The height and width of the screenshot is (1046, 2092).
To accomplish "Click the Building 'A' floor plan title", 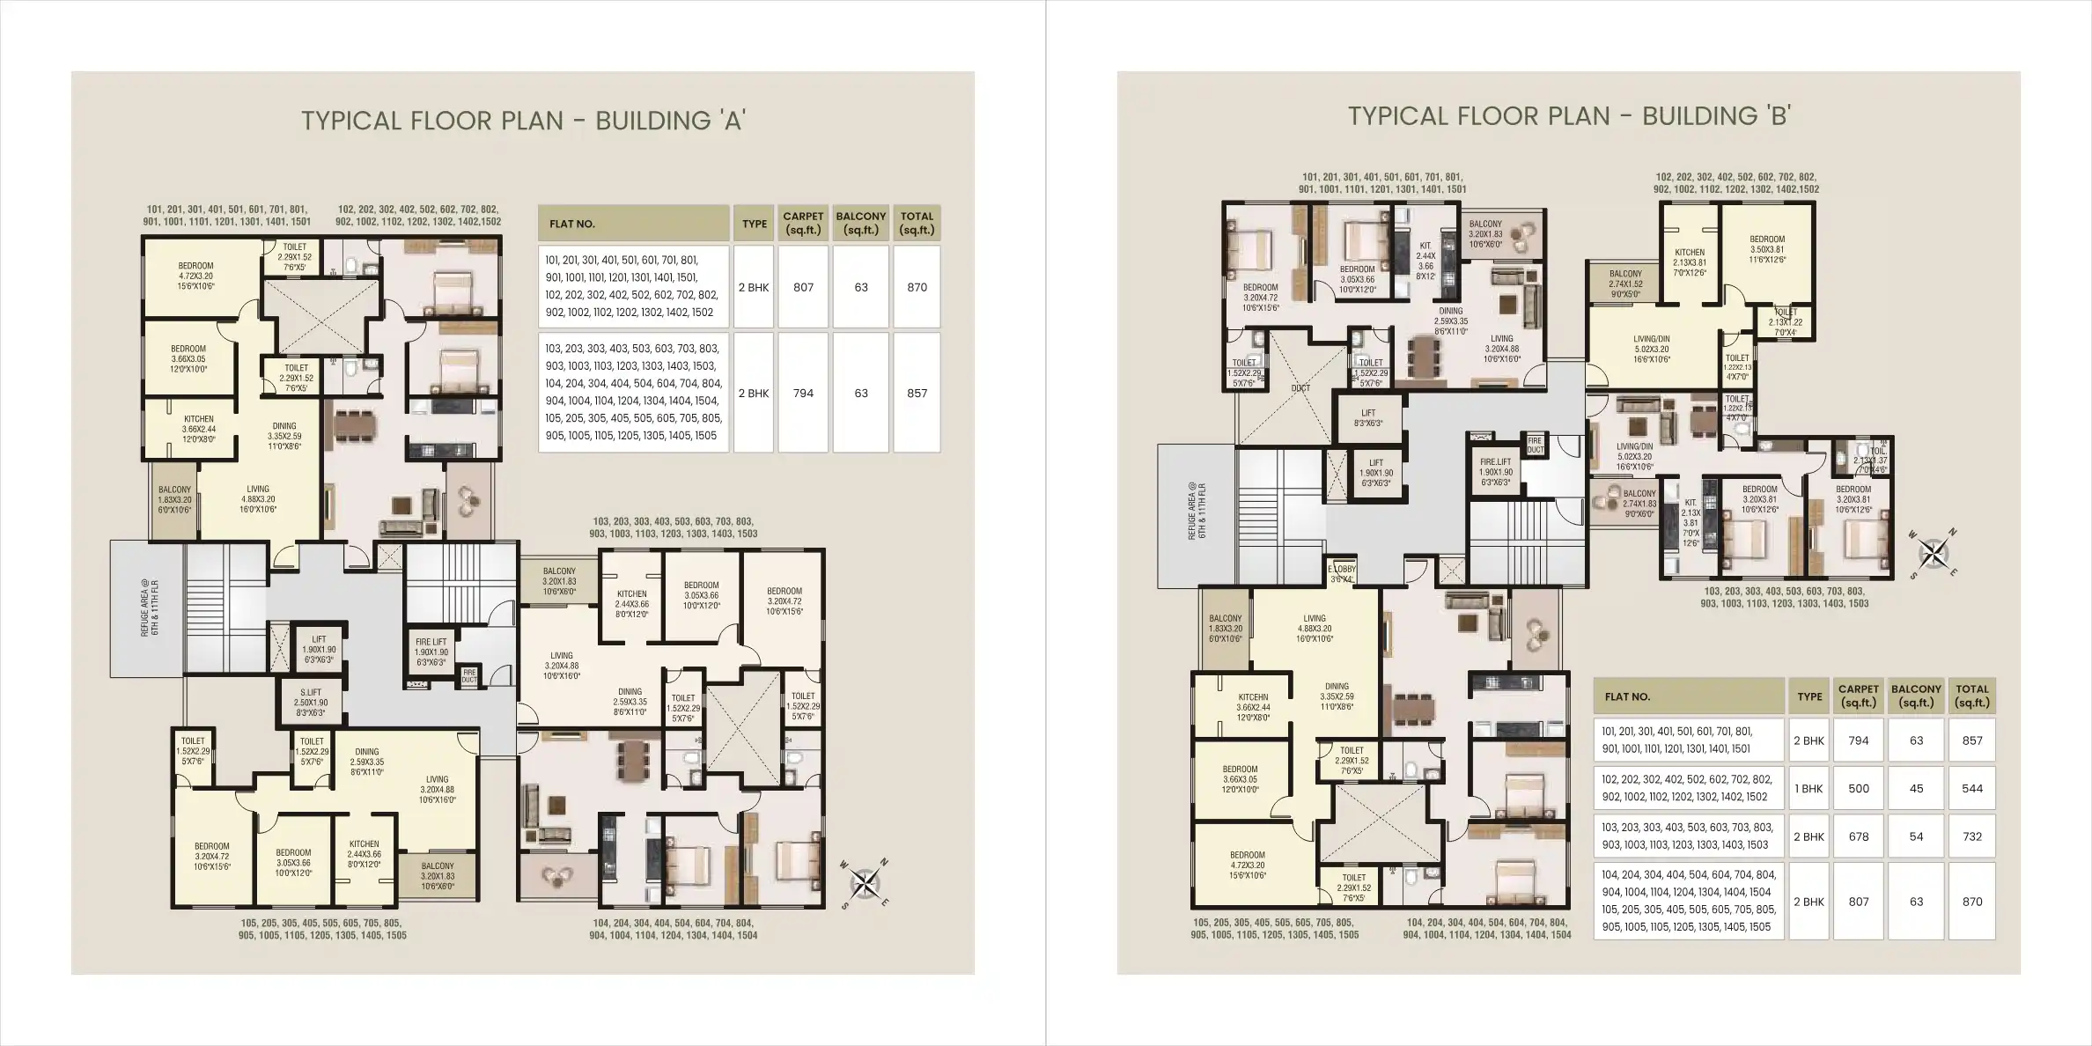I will [523, 121].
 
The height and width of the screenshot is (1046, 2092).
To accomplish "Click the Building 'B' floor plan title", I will [1569, 116].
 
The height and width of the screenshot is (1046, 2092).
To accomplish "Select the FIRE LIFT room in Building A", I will [431, 652].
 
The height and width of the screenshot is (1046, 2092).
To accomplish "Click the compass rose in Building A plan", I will [866, 882].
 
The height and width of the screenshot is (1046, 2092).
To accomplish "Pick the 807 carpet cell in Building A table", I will [803, 288].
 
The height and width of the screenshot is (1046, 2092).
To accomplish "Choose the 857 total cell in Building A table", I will [917, 394].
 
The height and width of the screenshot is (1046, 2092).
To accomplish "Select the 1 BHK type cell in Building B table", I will [1808, 789].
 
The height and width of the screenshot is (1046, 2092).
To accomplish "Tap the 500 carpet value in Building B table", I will [1858, 789].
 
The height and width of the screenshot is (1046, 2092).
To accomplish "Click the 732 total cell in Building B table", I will [1971, 837].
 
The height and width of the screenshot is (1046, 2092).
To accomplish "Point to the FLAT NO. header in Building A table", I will [572, 225].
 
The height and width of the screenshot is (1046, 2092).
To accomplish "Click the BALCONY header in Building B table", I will [1916, 696].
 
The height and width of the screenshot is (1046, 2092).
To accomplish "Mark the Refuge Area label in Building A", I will [150, 608].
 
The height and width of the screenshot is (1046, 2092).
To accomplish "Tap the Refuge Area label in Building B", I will [1197, 512].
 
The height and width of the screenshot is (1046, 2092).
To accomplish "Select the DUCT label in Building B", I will [1300, 388].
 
